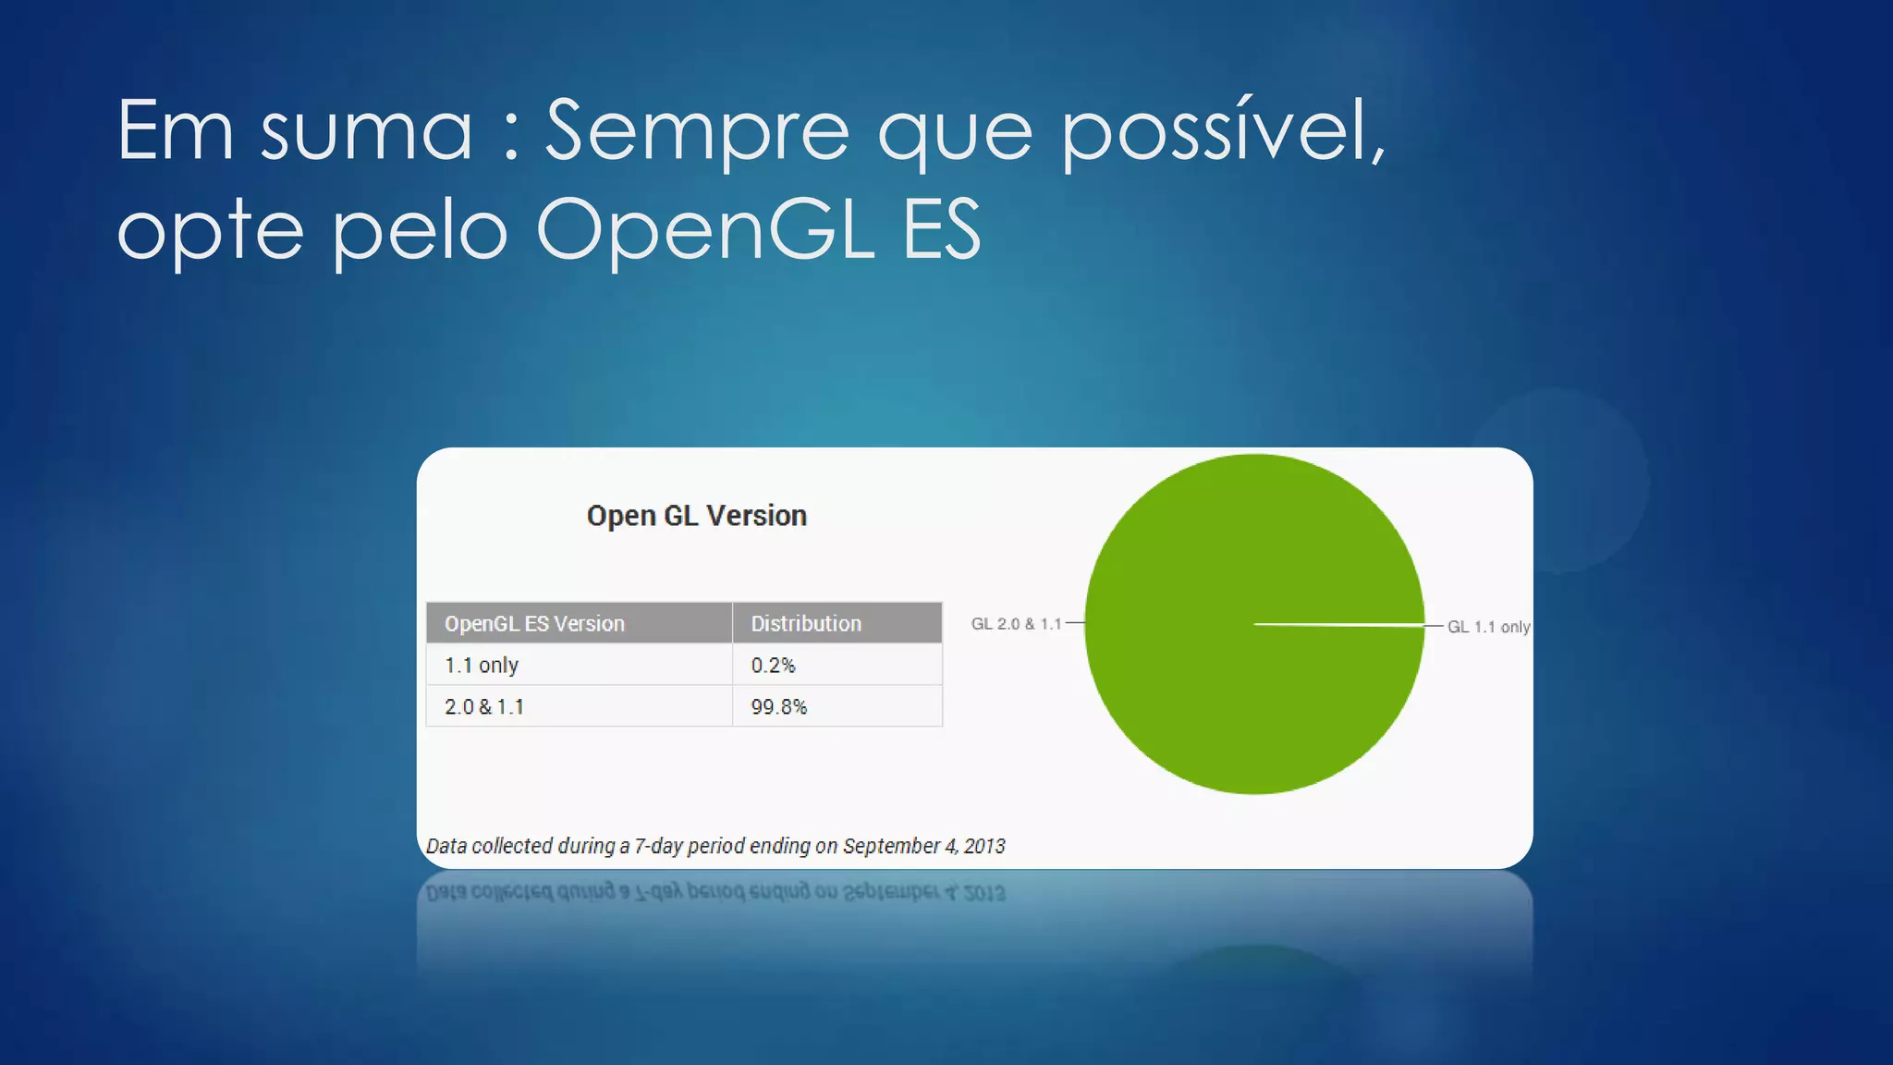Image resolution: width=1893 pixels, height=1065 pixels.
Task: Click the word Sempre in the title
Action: (x=696, y=131)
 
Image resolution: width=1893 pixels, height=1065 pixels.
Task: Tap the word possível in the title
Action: (x=1221, y=131)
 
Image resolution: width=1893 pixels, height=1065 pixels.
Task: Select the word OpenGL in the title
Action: (x=704, y=229)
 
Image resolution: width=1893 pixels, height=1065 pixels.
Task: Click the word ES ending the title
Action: (x=941, y=229)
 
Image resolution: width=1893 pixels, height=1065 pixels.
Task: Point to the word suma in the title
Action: (x=366, y=131)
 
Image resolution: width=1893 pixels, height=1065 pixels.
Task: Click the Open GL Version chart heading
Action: (x=696, y=516)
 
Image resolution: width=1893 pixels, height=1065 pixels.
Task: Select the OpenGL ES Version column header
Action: (x=534, y=624)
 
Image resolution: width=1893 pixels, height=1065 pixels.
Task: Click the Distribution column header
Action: (x=806, y=624)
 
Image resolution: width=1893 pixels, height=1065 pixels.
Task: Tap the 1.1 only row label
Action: (x=482, y=666)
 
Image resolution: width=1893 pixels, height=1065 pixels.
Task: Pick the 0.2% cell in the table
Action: (x=773, y=666)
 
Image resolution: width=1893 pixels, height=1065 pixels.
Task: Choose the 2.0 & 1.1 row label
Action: (x=484, y=707)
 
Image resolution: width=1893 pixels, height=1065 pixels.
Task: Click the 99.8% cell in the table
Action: (x=778, y=707)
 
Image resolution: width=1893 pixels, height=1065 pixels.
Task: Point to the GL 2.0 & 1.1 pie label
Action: (x=1016, y=624)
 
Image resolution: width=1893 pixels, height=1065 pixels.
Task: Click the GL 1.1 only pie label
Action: (x=1488, y=627)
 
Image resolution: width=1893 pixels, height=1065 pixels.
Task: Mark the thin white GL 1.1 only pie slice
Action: (x=1340, y=626)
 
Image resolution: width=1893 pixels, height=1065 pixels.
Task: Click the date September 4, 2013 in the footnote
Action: (x=923, y=846)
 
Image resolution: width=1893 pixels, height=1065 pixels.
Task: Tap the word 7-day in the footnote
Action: (x=658, y=846)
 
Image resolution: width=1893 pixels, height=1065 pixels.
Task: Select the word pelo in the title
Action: (x=420, y=229)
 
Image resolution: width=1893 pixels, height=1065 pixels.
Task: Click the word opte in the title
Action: (x=210, y=229)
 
